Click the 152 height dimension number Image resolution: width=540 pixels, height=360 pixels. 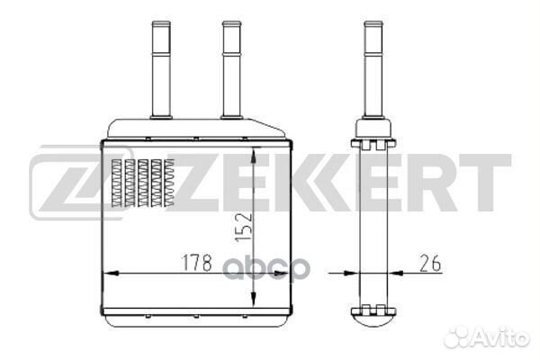tap(244, 227)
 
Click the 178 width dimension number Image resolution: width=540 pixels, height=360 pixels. tap(197, 263)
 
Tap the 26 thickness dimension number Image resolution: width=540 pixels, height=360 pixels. tap(430, 264)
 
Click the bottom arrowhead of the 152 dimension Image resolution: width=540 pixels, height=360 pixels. tap(254, 298)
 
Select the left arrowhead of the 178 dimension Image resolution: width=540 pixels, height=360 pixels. tap(112, 274)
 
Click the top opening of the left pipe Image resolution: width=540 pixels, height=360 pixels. tap(161, 23)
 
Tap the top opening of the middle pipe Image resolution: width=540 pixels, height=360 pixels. tap(232, 23)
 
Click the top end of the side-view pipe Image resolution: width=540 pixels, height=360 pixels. tap(373, 23)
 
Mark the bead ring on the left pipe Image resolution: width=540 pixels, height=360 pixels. tap(161, 54)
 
